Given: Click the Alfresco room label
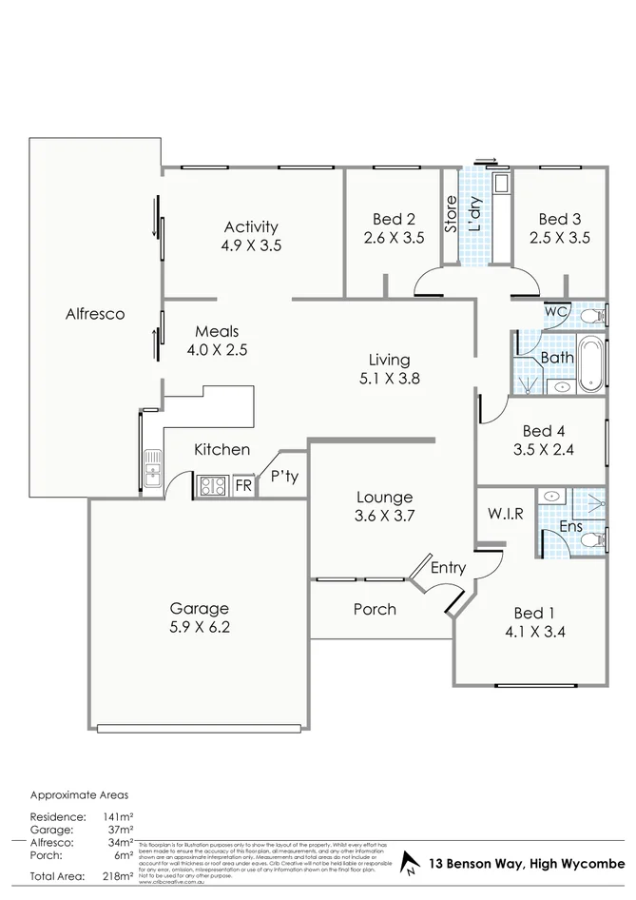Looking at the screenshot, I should click(95, 313).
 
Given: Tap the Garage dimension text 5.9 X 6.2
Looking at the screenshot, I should click(200, 627).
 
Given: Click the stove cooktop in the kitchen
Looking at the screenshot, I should click(211, 486).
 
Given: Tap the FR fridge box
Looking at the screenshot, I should click(242, 485).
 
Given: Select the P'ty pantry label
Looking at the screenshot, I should click(284, 477).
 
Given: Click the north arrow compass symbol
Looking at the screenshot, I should click(411, 864).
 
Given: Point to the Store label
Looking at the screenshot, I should click(451, 214).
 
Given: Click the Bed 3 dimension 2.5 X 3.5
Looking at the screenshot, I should click(559, 238).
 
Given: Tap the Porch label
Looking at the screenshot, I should click(375, 609).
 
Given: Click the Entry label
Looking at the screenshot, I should click(448, 568).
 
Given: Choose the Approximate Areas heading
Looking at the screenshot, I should click(79, 793).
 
